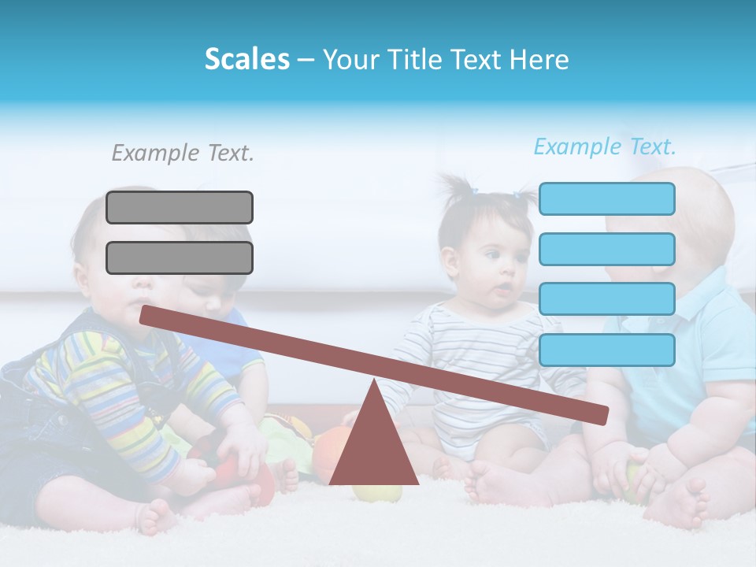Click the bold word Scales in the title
[246, 59]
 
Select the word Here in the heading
[539, 59]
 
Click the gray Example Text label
[183, 153]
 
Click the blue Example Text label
[605, 146]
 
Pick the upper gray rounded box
[180, 207]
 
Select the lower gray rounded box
[180, 258]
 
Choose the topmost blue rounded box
[607, 198]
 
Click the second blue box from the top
[607, 249]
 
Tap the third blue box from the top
[607, 299]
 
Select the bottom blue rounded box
[607, 350]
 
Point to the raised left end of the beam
[146, 315]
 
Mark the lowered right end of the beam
[602, 415]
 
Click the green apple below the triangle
[376, 492]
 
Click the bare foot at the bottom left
[157, 517]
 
